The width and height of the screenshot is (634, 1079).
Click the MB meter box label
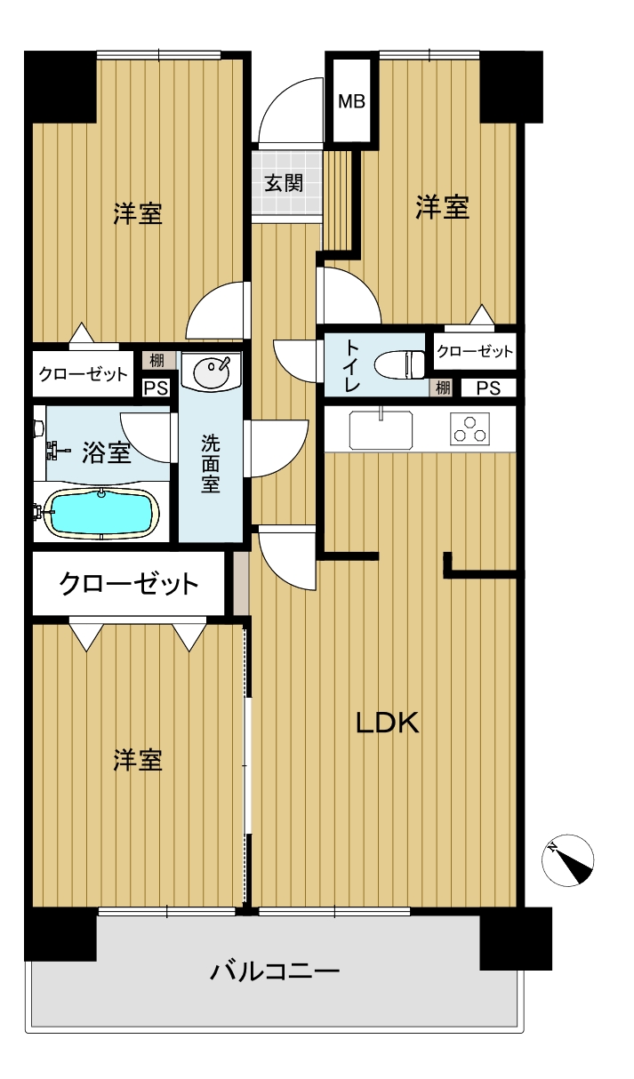tap(352, 101)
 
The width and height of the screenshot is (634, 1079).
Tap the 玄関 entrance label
tap(284, 183)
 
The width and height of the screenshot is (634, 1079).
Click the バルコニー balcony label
tap(275, 971)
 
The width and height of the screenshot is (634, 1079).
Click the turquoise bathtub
tap(101, 513)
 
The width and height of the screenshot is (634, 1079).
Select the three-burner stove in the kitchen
tap(469, 428)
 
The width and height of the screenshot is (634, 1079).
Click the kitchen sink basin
tap(381, 428)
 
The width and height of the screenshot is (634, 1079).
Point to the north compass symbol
tap(567, 859)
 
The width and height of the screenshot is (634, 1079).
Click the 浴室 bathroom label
tap(106, 452)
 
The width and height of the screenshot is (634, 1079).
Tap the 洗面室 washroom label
tap(211, 463)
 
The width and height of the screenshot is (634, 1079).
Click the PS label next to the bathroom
tap(156, 388)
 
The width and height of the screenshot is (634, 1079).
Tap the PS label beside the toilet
tap(488, 388)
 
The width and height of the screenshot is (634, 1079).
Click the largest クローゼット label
tap(129, 584)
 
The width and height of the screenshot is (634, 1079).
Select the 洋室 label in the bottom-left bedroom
tap(138, 761)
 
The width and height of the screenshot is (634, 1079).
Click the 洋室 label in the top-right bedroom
tap(442, 207)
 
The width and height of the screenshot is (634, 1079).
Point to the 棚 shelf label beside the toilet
tap(443, 388)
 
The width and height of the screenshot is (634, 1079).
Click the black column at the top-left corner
tap(60, 86)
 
